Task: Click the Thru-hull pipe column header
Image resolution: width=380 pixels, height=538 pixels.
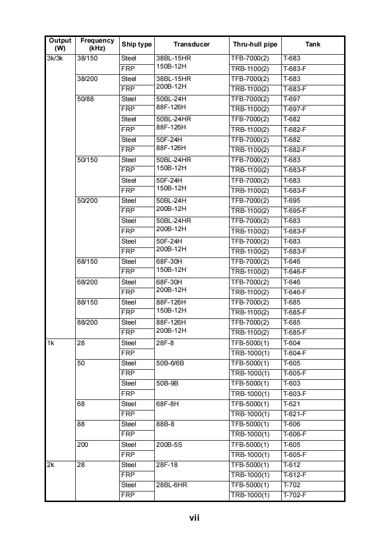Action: click(255, 45)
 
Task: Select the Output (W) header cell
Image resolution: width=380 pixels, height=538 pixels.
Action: click(60, 45)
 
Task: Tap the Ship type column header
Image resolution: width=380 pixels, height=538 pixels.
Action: click(137, 45)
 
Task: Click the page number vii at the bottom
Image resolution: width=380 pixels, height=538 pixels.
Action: click(194, 517)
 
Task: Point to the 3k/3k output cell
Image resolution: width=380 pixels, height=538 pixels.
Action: click(55, 58)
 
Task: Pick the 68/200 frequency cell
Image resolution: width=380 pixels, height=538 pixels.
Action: click(87, 282)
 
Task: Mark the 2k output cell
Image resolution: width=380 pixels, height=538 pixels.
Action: click(51, 465)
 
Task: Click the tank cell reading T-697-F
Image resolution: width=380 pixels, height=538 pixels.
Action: click(295, 109)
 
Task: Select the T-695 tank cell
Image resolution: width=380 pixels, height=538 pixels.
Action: click(292, 201)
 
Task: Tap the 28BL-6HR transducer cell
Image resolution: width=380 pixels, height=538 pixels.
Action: click(172, 485)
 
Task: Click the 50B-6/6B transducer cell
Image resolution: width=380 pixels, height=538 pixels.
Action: click(170, 363)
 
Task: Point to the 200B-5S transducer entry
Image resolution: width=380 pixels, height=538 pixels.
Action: click(169, 445)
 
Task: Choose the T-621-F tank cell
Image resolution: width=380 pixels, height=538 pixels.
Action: click(295, 414)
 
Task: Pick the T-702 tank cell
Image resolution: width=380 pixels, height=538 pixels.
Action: click(292, 485)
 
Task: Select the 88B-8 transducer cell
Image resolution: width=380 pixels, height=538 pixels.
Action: click(165, 424)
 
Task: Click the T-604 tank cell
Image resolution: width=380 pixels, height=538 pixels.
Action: click(292, 343)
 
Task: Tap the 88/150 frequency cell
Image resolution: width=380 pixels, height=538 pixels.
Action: click(87, 303)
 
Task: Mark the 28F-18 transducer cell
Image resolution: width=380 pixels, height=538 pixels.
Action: click(167, 465)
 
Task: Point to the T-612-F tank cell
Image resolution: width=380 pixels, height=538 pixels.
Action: click(295, 475)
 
